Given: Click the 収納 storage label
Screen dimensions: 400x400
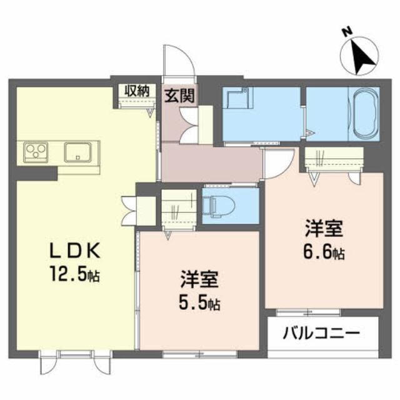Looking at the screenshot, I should [136, 89].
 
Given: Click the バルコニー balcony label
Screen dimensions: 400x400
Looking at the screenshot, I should [324, 333].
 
